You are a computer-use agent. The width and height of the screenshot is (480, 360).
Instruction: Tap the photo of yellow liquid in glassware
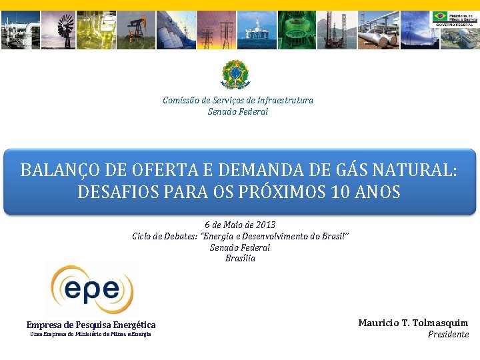tap(100, 30)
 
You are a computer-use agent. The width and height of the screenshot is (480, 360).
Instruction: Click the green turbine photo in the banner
tap(297, 30)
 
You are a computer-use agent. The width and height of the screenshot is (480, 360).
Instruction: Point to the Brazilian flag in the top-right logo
tap(439, 16)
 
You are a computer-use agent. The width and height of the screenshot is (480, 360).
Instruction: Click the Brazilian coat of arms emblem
tap(235, 74)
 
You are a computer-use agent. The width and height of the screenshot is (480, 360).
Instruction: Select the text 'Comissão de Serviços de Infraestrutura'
tap(238, 100)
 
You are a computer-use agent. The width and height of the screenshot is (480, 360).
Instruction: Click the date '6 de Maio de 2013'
tap(240, 225)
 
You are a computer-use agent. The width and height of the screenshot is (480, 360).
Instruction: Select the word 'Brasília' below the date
tap(240, 258)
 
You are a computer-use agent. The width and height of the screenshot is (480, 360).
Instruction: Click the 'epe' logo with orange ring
tap(92, 289)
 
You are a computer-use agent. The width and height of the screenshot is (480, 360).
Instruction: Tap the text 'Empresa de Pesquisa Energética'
tap(91, 325)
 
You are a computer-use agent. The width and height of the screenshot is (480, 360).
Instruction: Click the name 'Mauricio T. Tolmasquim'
tap(413, 323)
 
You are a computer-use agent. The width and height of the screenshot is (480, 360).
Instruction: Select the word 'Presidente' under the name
tap(448, 334)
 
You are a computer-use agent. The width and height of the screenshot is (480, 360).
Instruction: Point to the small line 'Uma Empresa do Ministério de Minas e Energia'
tap(91, 334)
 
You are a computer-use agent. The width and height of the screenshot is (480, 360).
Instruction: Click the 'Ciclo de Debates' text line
tap(240, 236)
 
